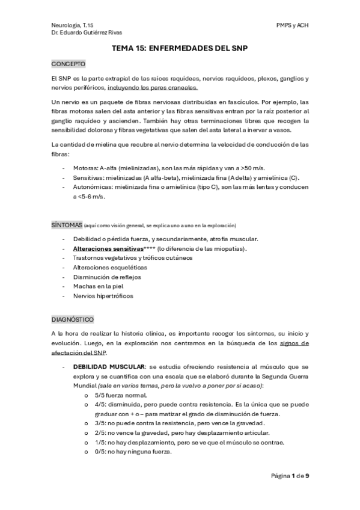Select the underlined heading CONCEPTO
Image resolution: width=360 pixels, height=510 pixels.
69,63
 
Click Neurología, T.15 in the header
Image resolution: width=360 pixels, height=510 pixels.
73,25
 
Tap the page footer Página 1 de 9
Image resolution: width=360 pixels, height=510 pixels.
290,476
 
